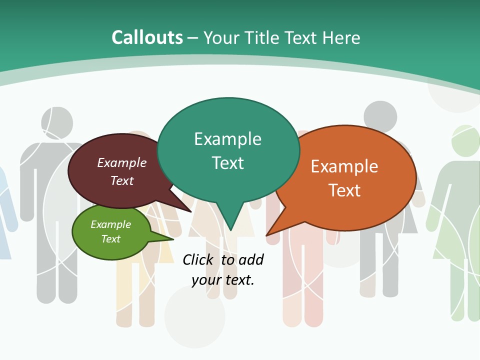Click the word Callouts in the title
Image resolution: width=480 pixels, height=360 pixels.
pyautogui.click(x=147, y=37)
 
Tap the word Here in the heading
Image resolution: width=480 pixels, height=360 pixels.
pyautogui.click(x=341, y=38)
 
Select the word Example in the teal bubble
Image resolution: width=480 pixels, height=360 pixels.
pyautogui.click(x=227, y=139)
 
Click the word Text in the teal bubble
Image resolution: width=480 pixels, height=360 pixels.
pyautogui.click(x=227, y=163)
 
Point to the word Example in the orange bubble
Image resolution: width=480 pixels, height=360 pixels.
pyautogui.click(x=344, y=166)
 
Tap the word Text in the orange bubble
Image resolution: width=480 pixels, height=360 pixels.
pyautogui.click(x=344, y=190)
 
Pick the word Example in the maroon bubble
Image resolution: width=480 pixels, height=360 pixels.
pyautogui.click(x=121, y=163)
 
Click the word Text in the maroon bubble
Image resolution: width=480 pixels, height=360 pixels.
pyautogui.click(x=121, y=180)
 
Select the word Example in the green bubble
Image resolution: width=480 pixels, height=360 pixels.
pyautogui.click(x=110, y=225)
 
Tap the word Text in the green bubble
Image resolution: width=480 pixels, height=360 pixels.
pyautogui.click(x=110, y=239)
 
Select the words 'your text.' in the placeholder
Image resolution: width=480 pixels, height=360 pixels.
pyautogui.click(x=223, y=280)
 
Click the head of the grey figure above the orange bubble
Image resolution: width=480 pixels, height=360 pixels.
pyautogui.click(x=380, y=116)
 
